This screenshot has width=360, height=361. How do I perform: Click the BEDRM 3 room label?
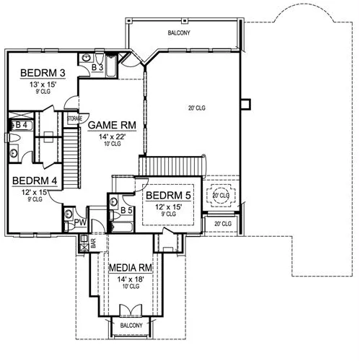point(43,73)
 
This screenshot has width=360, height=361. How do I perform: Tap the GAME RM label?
point(112,125)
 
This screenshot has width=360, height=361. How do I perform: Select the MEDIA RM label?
point(131,268)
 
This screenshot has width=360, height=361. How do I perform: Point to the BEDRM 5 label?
point(168,196)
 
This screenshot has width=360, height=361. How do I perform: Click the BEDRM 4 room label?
point(35,180)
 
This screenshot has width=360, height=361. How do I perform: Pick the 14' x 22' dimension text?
point(113,136)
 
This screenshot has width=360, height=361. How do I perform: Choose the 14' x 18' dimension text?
point(131,279)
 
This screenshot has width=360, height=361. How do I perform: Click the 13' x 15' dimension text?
point(43,84)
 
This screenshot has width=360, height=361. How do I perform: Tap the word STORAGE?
point(74,118)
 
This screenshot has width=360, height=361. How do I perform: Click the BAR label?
point(93,243)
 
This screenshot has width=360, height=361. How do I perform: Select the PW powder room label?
point(80,222)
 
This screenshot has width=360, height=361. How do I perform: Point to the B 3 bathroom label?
point(97,67)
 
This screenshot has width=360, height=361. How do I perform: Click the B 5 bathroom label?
point(126,210)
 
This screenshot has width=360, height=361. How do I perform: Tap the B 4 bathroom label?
point(22,125)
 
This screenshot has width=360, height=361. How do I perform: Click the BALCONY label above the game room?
point(179,32)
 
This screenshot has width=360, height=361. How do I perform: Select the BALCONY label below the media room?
point(131,326)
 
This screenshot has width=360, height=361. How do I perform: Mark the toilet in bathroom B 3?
point(100,57)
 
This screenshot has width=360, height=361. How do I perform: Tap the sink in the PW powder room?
point(69,214)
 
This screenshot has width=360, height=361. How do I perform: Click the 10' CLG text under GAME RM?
point(113,144)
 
